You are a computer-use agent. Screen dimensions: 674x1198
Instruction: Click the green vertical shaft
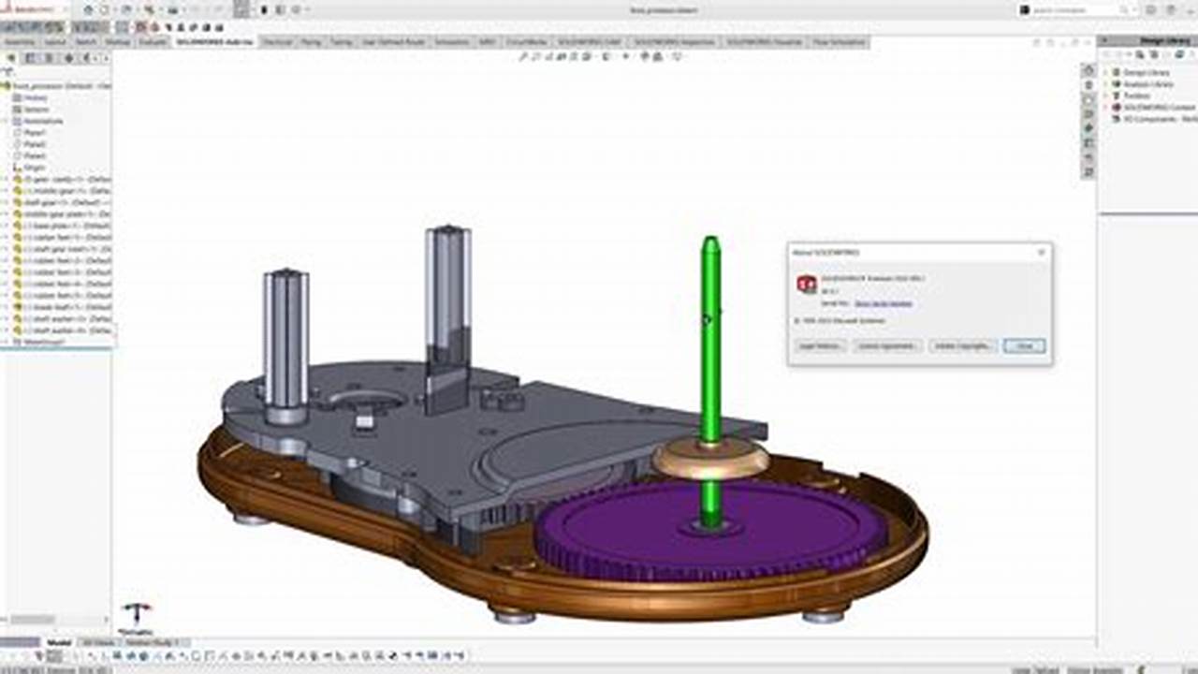coord(711,356)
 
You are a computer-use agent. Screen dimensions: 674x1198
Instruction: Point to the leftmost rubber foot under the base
coord(252,517)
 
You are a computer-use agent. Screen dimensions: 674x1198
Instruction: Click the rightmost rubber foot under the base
coord(824,615)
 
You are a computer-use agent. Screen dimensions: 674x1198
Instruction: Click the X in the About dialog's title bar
coord(1041,252)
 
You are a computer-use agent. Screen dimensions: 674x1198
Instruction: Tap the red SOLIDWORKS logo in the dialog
coord(807,284)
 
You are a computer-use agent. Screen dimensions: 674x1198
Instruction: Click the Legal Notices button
coord(821,345)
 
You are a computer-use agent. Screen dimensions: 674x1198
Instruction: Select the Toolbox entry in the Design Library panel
coord(1136,95)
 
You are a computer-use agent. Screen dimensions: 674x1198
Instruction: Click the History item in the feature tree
coord(36,97)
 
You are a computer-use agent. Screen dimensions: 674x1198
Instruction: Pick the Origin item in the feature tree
coord(34,168)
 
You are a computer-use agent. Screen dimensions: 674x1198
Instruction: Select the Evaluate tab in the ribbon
coord(152,42)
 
